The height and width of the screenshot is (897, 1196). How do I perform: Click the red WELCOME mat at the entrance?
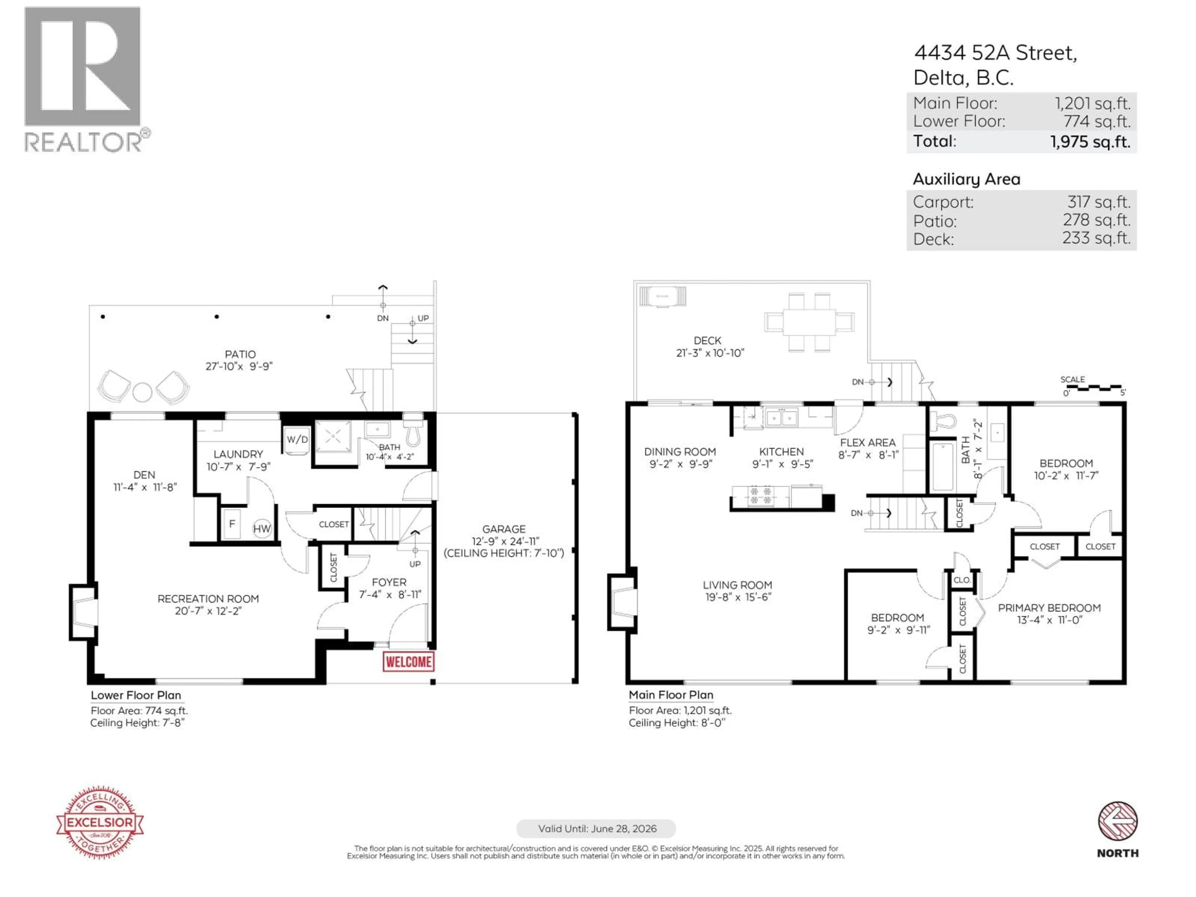tap(408, 662)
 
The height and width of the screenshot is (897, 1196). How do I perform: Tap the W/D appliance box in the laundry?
tap(297, 439)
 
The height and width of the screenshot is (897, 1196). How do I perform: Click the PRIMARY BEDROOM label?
tap(1049, 608)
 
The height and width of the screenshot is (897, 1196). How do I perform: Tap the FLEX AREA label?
tap(867, 442)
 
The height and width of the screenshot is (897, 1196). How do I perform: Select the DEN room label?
tap(145, 475)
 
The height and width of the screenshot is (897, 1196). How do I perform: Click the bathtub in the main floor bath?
tap(942, 466)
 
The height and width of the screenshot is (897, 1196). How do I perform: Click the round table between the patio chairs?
tap(143, 392)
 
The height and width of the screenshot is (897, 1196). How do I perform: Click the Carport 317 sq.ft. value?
tap(1098, 202)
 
